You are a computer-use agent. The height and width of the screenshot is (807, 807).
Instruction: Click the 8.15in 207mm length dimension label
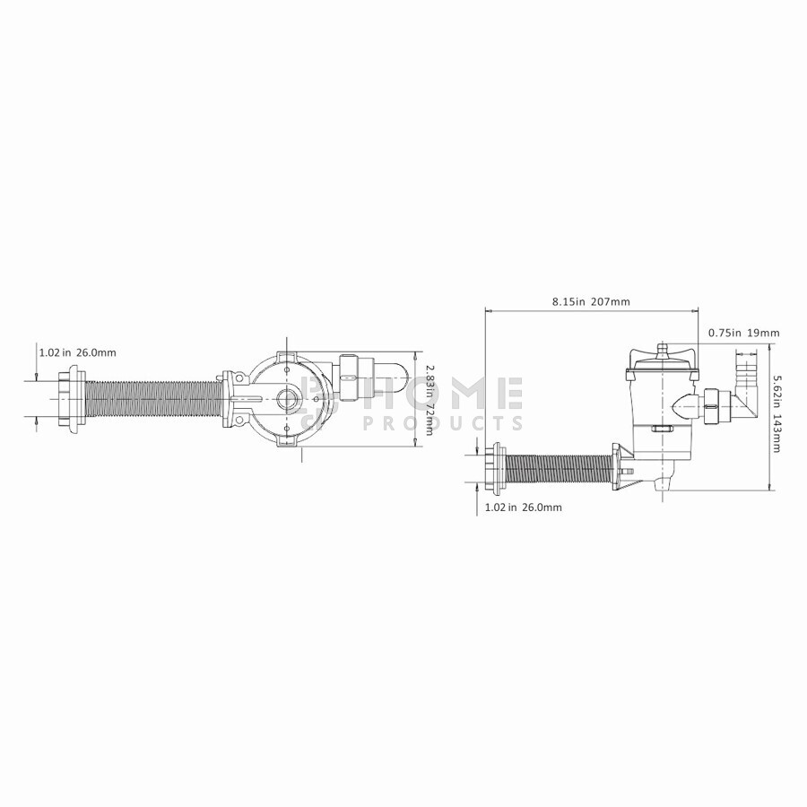pos(591,301)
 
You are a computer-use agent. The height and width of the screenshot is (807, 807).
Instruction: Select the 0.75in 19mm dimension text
pos(743,333)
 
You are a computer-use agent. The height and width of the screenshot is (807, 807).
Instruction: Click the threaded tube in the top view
pos(153,399)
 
